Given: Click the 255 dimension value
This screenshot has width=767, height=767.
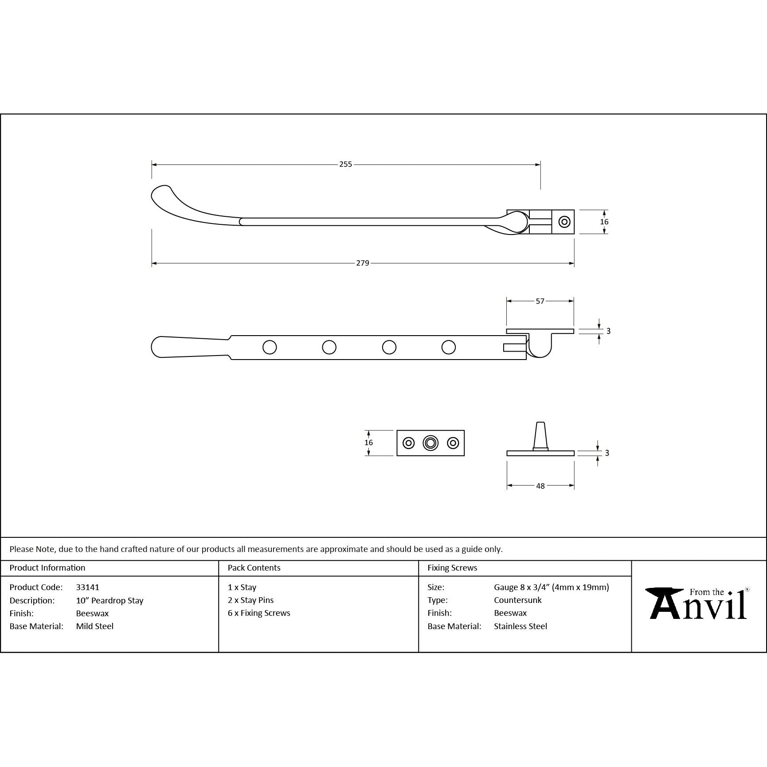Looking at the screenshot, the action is (345, 164).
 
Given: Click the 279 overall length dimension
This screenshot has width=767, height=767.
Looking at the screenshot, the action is (363, 263).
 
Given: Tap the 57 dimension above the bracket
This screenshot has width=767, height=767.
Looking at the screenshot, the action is (540, 301).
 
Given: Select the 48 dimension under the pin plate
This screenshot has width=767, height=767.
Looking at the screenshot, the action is (540, 486).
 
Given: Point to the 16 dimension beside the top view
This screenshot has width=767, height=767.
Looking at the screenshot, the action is (604, 222).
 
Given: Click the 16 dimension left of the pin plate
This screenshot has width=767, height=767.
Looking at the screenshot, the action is (368, 442).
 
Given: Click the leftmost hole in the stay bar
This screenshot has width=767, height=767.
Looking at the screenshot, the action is (270, 347).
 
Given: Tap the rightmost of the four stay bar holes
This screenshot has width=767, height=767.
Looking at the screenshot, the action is (449, 347).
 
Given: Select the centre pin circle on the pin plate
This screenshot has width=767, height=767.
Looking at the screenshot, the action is (430, 443).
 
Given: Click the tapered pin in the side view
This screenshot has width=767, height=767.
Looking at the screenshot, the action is (540, 435).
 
